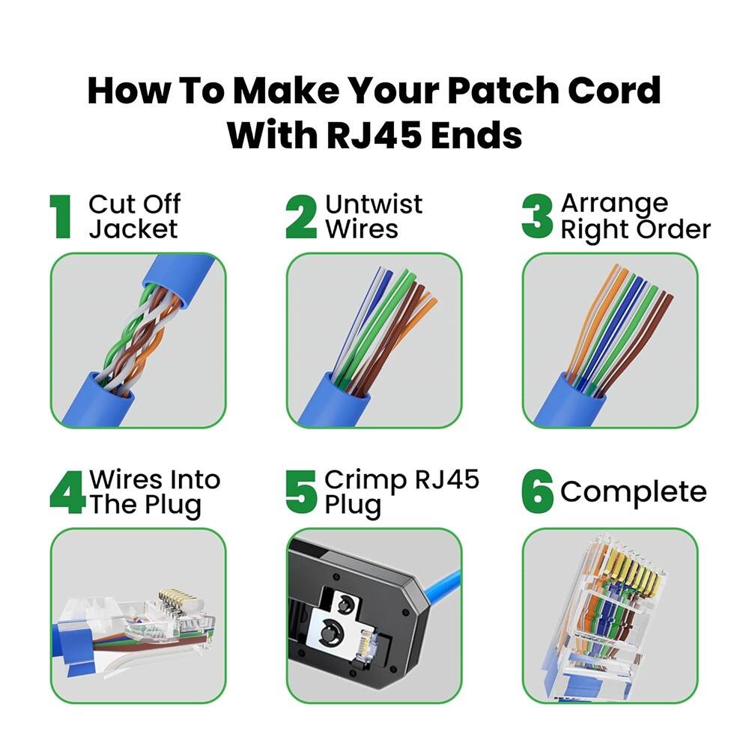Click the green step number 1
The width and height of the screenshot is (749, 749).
[61, 217]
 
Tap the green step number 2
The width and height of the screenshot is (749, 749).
[301, 217]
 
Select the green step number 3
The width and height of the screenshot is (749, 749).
[537, 217]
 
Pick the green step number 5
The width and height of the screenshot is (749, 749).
[302, 492]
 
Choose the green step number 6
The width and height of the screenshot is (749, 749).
[538, 493]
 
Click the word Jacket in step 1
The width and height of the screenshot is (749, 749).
[133, 228]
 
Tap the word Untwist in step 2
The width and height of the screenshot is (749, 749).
[374, 204]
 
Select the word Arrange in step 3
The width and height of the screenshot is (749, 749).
[614, 204]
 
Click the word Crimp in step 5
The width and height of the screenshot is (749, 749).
[361, 479]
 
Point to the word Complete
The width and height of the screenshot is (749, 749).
[633, 492]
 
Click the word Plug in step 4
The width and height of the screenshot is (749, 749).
[174, 506]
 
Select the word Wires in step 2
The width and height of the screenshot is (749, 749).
[361, 228]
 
